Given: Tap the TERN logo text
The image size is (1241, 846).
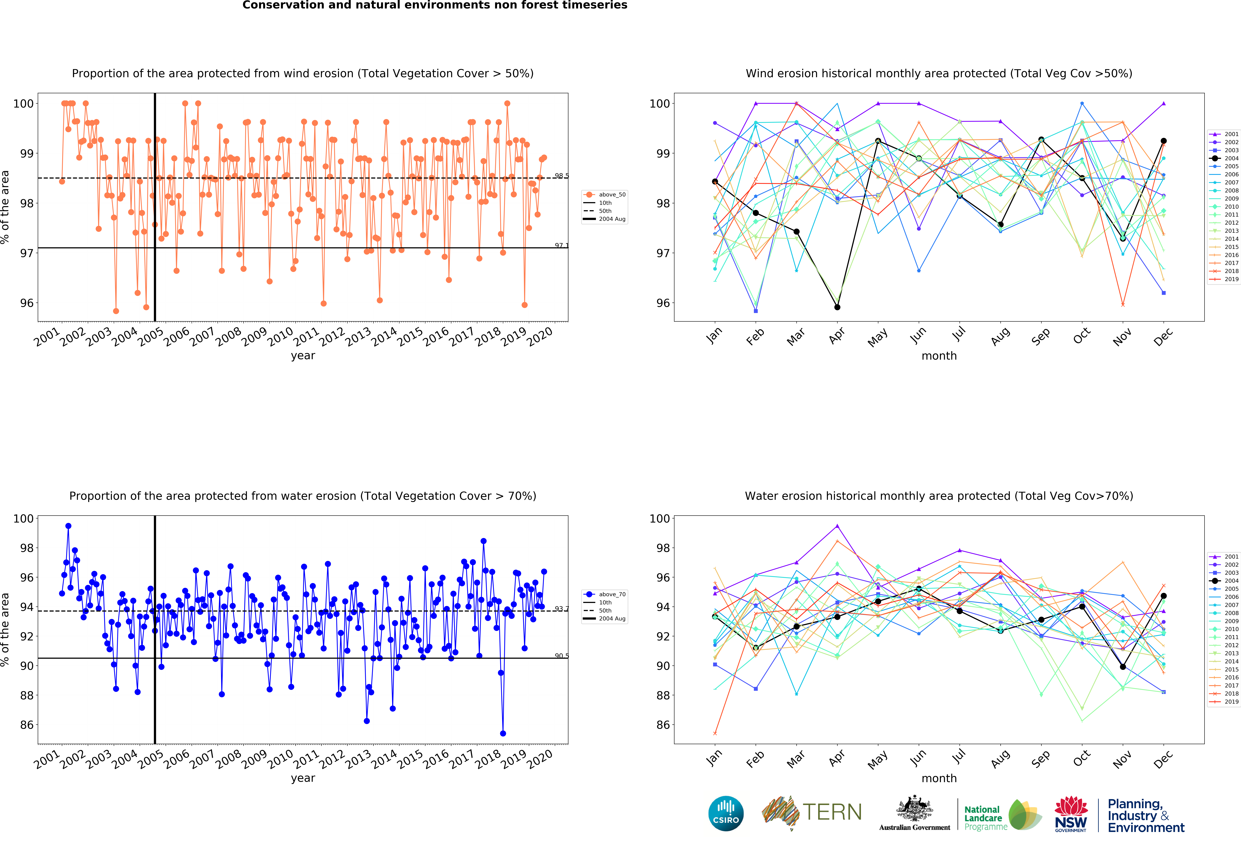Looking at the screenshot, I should [832, 812].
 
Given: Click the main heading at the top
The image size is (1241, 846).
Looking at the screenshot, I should [435, 5].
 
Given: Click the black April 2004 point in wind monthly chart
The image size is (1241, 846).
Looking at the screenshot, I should [837, 307].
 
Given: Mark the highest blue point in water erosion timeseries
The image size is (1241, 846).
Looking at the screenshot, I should [68, 526].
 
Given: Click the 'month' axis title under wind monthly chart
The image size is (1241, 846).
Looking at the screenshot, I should [939, 356].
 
